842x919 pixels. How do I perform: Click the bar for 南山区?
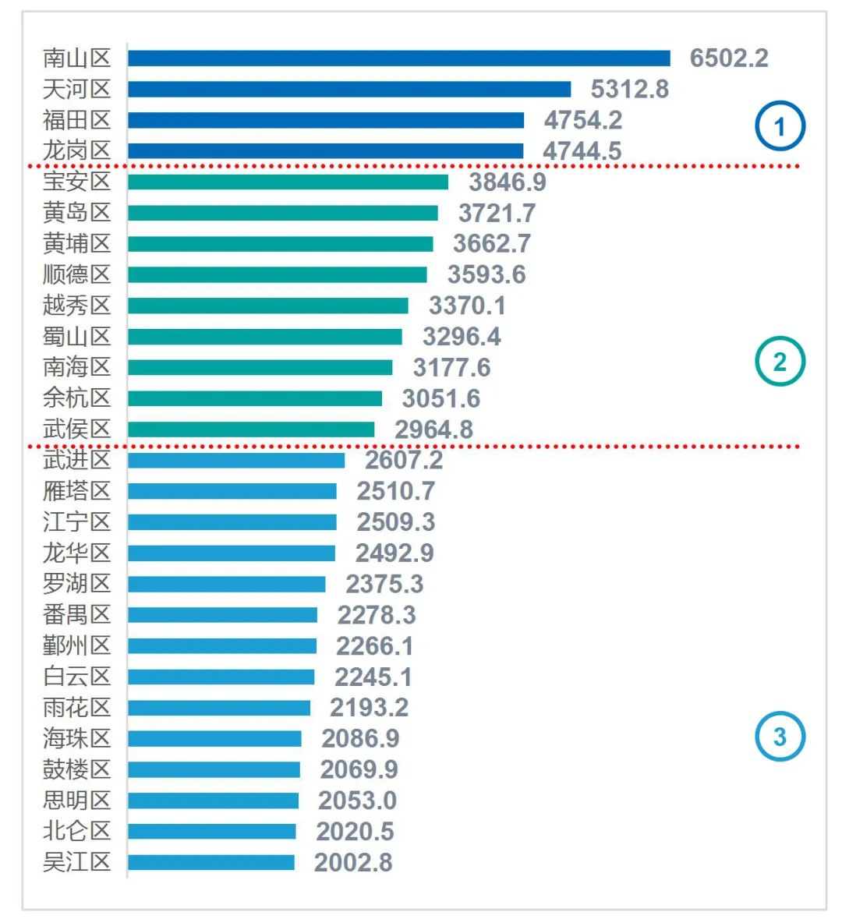(398, 58)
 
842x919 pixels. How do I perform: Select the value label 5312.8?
(629, 89)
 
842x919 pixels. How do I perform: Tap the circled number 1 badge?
(780, 126)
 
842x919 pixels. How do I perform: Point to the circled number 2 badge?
(780, 362)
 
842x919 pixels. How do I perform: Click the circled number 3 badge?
(780, 737)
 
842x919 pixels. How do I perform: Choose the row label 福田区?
(76, 120)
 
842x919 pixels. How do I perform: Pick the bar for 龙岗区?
(325, 150)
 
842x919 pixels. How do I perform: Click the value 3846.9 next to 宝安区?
(507, 182)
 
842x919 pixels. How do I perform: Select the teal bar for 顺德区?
(277, 274)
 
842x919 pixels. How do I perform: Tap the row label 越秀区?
(76, 305)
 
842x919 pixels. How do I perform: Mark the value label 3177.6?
(451, 367)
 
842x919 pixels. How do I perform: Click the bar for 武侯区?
(250, 429)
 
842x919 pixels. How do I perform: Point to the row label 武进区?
(76, 460)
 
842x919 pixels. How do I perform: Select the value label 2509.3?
(395, 521)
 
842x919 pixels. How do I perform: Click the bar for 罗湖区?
(226, 584)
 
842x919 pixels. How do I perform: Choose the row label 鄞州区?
(76, 645)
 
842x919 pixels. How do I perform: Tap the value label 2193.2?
(369, 707)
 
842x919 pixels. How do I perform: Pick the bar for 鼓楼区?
(214, 769)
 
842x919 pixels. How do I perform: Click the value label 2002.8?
(353, 862)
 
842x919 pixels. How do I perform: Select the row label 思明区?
(76, 801)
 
